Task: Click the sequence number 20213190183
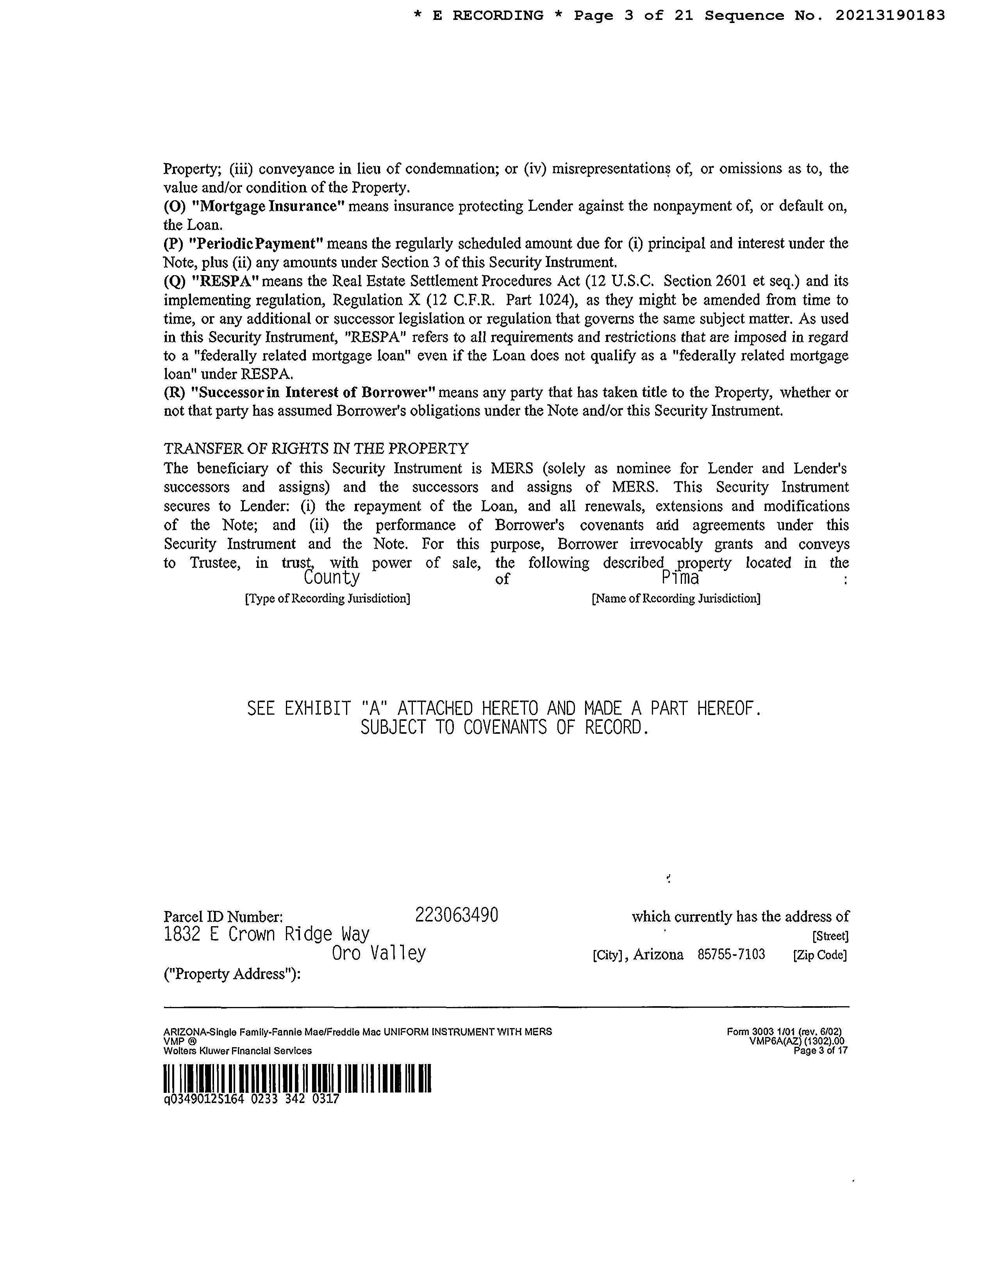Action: (x=890, y=16)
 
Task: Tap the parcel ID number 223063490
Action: (x=457, y=915)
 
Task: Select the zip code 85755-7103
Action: (x=731, y=954)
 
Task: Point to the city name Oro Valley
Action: (x=379, y=954)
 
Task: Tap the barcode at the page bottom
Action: (x=297, y=1078)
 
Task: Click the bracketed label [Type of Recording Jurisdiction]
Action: (x=327, y=599)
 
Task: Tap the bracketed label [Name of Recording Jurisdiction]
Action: (x=676, y=599)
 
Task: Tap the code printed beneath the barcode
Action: (x=252, y=1099)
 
